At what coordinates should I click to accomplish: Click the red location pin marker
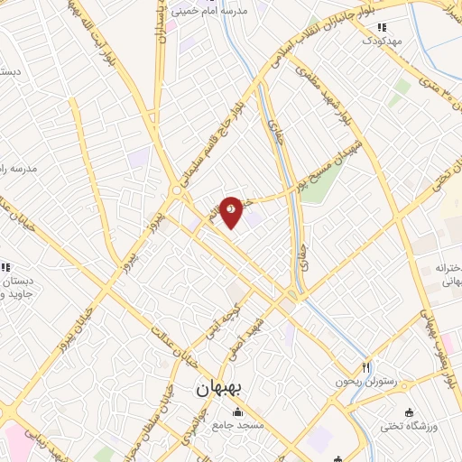click(231, 210)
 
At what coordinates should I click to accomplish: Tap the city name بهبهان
click(217, 387)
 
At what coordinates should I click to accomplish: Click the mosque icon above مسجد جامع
click(238, 411)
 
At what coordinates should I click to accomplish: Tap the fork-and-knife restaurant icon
click(365, 367)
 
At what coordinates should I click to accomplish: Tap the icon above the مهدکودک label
click(380, 28)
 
